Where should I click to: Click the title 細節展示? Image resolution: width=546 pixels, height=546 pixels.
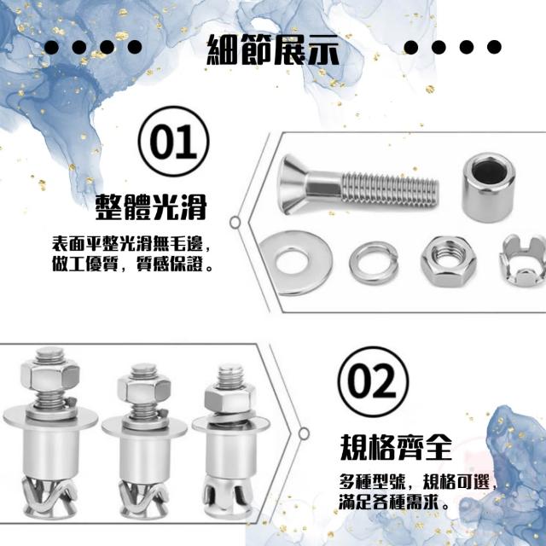click(x=273, y=50)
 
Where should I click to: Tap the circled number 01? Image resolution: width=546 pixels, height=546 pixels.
click(x=173, y=141)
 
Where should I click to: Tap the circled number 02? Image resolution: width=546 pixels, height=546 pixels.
click(x=373, y=381)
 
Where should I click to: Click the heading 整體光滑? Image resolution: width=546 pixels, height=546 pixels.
click(x=151, y=206)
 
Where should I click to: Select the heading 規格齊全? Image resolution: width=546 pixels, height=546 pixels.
click(x=396, y=447)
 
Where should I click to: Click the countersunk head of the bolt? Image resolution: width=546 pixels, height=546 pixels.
click(x=294, y=184)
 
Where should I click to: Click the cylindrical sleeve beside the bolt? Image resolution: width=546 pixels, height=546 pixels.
click(x=488, y=187)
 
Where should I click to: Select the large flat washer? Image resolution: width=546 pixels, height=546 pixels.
click(x=295, y=263)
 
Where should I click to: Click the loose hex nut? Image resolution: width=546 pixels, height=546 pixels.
click(x=449, y=261)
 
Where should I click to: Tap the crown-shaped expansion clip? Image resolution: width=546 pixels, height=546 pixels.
click(x=523, y=260)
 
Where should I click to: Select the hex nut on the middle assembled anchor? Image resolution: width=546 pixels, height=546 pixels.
click(x=144, y=390)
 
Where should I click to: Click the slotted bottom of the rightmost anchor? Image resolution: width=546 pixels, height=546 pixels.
click(x=228, y=497)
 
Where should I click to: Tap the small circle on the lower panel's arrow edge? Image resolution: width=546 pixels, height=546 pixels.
click(x=304, y=433)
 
